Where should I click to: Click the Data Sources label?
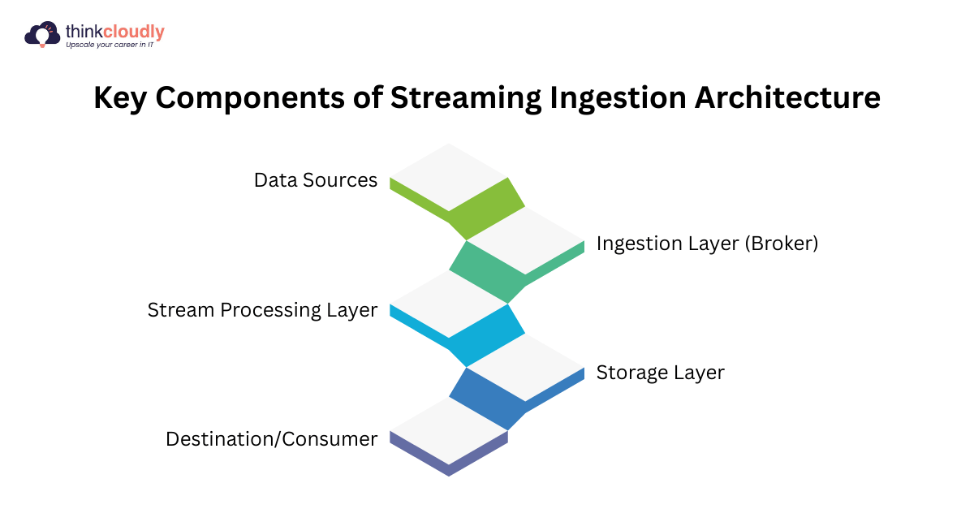tap(315, 180)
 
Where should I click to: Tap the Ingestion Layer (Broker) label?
tap(707, 244)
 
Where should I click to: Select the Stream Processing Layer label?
tap(262, 310)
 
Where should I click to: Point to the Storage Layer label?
tap(660, 373)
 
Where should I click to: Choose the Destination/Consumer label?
tap(271, 439)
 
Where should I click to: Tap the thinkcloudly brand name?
tap(114, 32)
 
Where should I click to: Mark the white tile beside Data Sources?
tap(449, 177)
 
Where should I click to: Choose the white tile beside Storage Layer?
tap(526, 369)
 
